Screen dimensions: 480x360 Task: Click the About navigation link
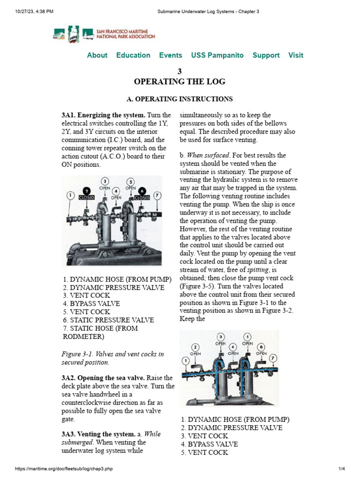97,55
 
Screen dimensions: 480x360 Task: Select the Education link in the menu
133,55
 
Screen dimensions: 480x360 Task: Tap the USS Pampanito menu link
217,55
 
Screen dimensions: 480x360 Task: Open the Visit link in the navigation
295,55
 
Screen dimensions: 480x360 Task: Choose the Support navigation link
266,55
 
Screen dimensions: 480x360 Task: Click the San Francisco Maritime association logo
104,34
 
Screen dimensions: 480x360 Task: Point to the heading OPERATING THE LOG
180,82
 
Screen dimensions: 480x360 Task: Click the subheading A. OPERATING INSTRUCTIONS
180,99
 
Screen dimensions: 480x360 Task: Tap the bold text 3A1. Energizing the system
103,115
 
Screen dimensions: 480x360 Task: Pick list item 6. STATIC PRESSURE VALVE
108,320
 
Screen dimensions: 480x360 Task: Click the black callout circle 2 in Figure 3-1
86,190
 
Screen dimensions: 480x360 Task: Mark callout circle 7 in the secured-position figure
157,195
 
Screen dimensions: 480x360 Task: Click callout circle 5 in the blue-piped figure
247,337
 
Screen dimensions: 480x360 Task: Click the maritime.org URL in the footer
64,469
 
